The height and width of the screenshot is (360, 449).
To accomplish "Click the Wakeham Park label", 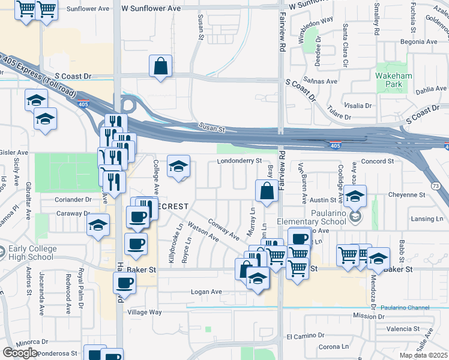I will click(x=391, y=81).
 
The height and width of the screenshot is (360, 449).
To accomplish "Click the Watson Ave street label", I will click(x=203, y=231).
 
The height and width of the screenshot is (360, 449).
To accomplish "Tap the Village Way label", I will click(x=144, y=312).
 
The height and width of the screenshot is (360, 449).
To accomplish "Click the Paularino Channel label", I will click(x=405, y=308).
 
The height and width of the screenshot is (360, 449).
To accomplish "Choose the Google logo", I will click(x=20, y=353).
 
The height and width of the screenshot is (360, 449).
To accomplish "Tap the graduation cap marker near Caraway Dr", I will click(x=98, y=225).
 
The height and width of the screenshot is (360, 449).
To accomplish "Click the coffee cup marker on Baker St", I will click(x=124, y=282).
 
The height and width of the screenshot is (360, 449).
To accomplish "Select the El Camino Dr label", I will click(x=306, y=337).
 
